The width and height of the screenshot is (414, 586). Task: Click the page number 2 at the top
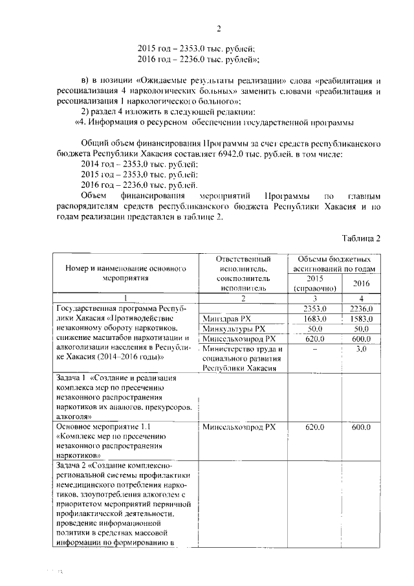(x=219, y=29)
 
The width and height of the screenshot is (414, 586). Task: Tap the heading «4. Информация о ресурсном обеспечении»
(x=226, y=123)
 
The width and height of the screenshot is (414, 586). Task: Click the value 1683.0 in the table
(x=313, y=318)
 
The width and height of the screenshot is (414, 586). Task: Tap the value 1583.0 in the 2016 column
(x=362, y=318)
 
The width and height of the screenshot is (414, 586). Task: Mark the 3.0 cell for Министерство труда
(x=362, y=348)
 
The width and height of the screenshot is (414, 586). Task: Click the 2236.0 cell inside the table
(x=362, y=308)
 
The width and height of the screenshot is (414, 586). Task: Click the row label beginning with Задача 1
(x=123, y=397)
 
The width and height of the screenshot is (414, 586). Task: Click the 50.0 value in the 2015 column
(x=313, y=328)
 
